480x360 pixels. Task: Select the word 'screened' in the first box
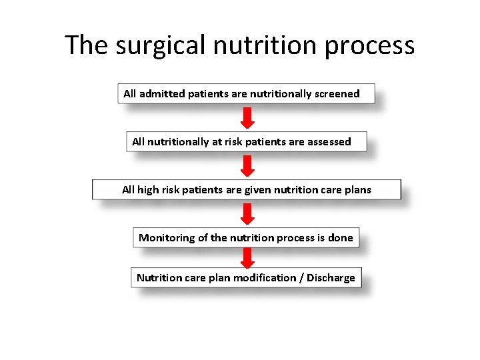coord(337,94)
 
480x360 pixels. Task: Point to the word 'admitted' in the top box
coord(162,94)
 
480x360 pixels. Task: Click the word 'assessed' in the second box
coord(329,142)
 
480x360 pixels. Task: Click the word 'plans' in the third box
coord(356,190)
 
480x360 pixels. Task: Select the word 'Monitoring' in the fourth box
coord(167,238)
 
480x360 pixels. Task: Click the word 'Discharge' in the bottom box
coord(331,278)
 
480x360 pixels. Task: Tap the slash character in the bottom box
coord(301,278)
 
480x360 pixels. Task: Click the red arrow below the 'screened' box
coord(247,118)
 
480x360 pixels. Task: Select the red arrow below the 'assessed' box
coord(247,166)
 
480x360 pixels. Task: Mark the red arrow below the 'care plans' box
coord(247,214)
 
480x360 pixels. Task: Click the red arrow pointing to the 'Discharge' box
coord(247,258)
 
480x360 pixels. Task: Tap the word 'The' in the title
coord(87,45)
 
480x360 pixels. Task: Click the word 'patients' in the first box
coord(208,94)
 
